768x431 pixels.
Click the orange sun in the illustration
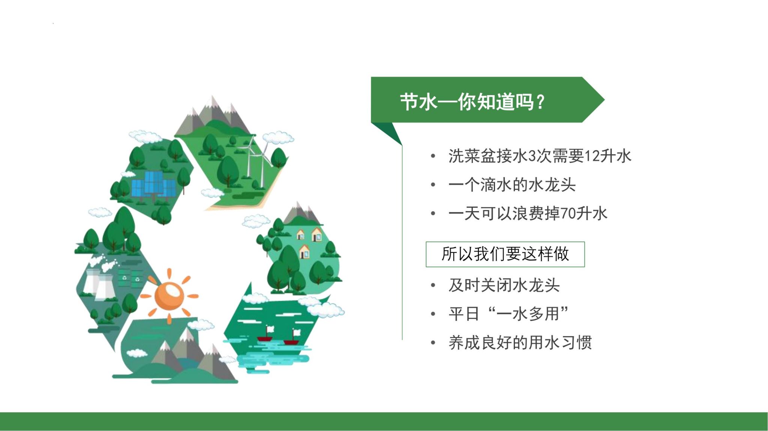169,296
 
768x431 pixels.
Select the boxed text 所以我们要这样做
505,254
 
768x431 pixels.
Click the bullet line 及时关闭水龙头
504,285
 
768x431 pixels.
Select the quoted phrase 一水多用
528,314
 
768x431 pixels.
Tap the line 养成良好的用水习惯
520,343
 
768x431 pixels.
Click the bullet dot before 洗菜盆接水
433,156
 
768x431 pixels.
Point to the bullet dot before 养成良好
433,343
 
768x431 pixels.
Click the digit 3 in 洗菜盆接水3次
532,156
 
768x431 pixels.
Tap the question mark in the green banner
540,102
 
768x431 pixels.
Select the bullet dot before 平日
433,314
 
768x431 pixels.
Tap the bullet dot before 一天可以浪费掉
433,213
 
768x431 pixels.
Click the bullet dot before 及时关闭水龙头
433,285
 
